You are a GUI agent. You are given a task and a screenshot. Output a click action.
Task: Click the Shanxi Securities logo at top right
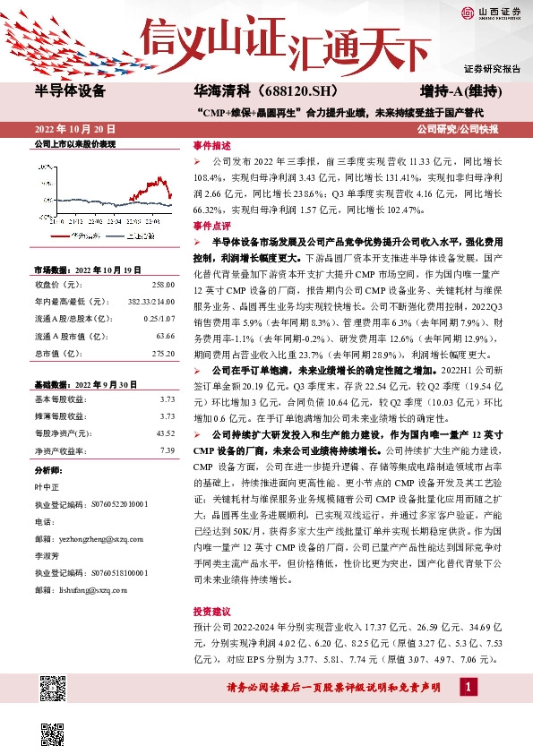pyautogui.click(x=491, y=13)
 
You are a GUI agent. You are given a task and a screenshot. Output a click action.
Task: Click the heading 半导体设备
pyautogui.click(x=69, y=91)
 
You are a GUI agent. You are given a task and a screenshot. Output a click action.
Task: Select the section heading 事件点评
pyautogui.click(x=211, y=227)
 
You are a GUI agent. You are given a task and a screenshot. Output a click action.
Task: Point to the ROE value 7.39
pyautogui.click(x=167, y=450)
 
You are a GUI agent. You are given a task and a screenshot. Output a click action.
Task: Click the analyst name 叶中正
pyautogui.click(x=47, y=488)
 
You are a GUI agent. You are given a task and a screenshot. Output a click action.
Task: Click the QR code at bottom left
pyautogui.click(x=53, y=690)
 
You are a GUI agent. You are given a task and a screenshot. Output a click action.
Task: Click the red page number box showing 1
pyautogui.click(x=466, y=687)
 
